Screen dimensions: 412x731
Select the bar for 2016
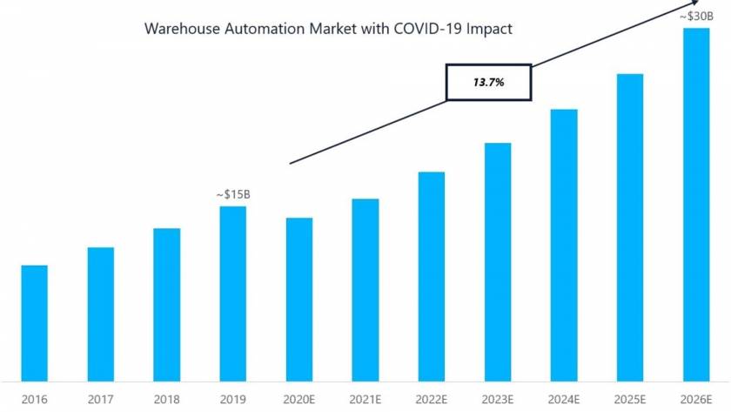click(34, 322)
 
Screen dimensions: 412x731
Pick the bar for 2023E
click(498, 261)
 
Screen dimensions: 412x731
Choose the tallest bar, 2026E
click(696, 204)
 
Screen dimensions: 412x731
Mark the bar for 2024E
click(564, 245)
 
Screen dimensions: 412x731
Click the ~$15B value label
click(233, 194)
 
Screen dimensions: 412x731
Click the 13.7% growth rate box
click(488, 82)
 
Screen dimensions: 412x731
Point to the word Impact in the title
click(488, 29)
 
